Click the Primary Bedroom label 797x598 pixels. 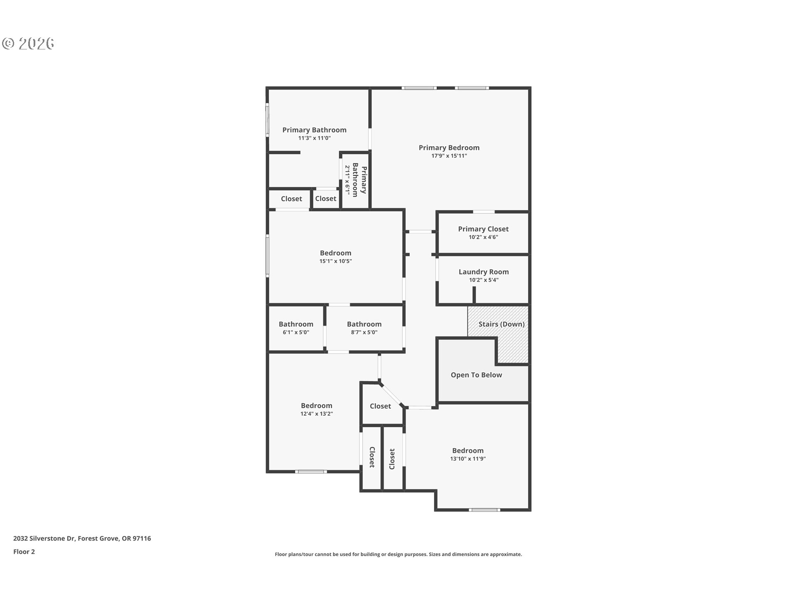click(x=449, y=147)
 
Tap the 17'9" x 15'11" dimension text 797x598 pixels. click(x=449, y=156)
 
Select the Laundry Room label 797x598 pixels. click(x=484, y=272)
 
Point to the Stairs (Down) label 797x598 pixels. click(x=501, y=324)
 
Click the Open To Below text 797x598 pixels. click(x=476, y=375)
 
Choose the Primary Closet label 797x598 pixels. click(x=483, y=229)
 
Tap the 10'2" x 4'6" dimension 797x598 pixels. click(x=483, y=237)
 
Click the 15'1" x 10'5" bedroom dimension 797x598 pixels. click(x=335, y=261)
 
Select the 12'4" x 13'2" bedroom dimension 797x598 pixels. click(x=316, y=414)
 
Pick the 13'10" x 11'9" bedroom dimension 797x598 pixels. click(x=468, y=459)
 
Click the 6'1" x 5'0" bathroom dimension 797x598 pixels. click(x=296, y=332)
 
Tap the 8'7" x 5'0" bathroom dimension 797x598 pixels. click(x=364, y=332)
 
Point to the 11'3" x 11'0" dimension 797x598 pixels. click(x=314, y=138)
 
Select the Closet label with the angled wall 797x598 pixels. click(x=380, y=406)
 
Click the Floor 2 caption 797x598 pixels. click(x=24, y=551)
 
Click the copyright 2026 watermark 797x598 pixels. click(x=28, y=43)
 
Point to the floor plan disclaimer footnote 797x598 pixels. click(x=398, y=554)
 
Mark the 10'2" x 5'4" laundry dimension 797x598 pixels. click(x=484, y=280)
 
